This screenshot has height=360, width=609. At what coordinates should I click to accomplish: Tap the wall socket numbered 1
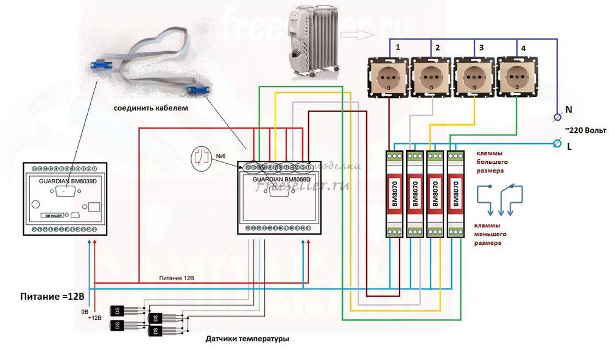tap(388, 77)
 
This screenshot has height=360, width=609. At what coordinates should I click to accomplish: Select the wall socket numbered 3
tap(473, 77)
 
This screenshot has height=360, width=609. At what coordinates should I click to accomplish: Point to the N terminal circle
tap(557, 116)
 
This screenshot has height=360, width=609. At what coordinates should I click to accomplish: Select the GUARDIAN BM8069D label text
tap(277, 180)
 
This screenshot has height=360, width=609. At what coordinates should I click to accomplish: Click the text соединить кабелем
tap(151, 108)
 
